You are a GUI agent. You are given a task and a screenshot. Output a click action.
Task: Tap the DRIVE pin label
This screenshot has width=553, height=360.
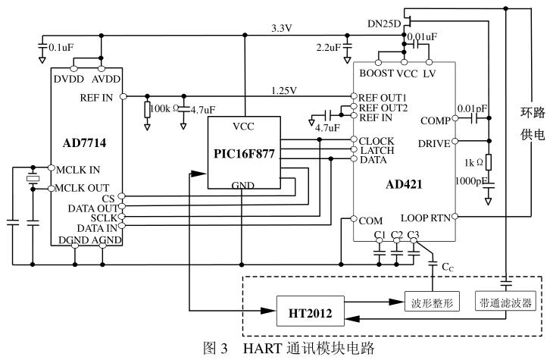click(433, 142)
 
